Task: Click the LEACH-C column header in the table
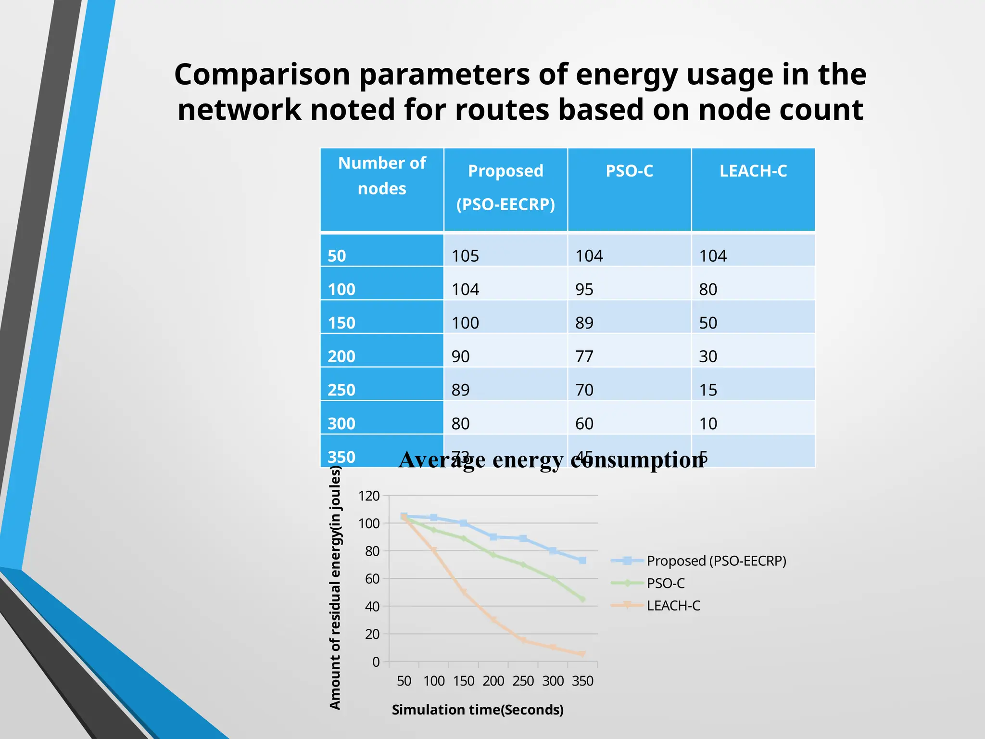(753, 171)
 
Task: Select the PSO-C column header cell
(629, 171)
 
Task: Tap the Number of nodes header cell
(382, 176)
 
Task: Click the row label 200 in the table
(341, 357)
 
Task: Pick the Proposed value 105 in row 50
(465, 256)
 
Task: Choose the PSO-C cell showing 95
(584, 290)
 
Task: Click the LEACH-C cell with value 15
(708, 390)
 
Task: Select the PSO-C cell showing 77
(584, 357)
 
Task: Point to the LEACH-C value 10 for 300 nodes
(708, 424)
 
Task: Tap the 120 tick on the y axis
(369, 496)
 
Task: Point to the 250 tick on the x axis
(523, 681)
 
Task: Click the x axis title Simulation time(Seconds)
(478, 710)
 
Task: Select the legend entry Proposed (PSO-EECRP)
(716, 561)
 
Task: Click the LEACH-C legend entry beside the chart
(673, 606)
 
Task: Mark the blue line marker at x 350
(582, 561)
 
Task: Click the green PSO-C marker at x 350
(582, 599)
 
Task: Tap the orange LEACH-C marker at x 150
(464, 592)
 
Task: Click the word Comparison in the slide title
(262, 75)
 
